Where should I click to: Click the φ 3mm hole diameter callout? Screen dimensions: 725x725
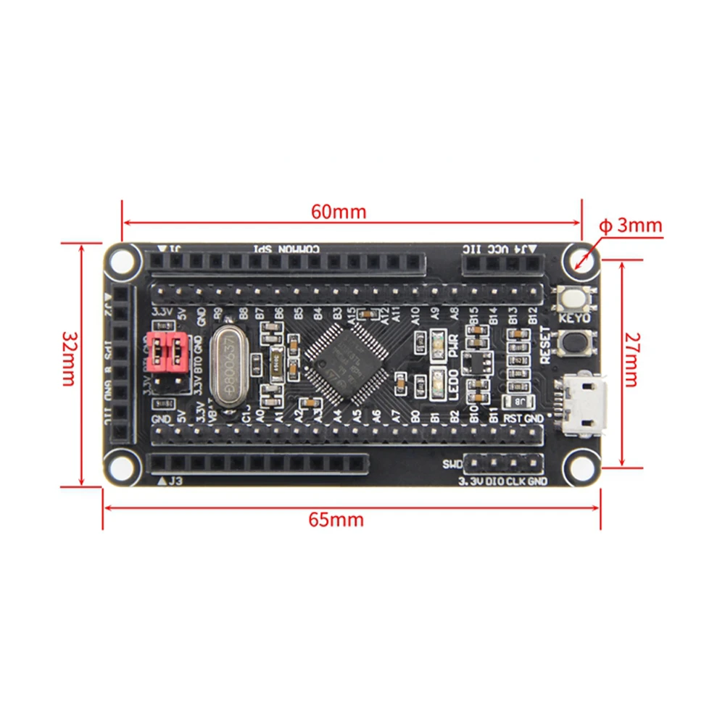(x=631, y=225)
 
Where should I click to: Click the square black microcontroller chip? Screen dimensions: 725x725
(x=345, y=362)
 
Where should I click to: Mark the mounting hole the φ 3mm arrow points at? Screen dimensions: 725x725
(x=581, y=259)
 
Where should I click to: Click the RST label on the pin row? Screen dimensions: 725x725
(x=513, y=418)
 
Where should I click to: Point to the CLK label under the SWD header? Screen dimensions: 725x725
(x=515, y=481)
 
